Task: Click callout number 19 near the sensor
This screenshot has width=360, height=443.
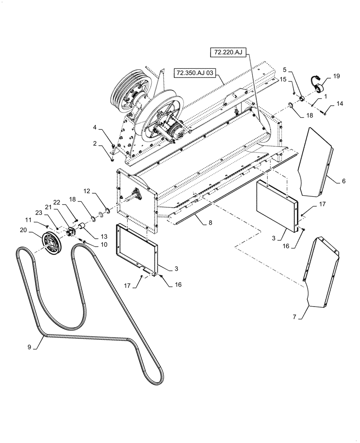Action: tap(337, 76)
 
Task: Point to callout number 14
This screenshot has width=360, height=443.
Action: tap(339, 104)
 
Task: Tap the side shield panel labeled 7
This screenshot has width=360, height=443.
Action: tap(321, 271)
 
